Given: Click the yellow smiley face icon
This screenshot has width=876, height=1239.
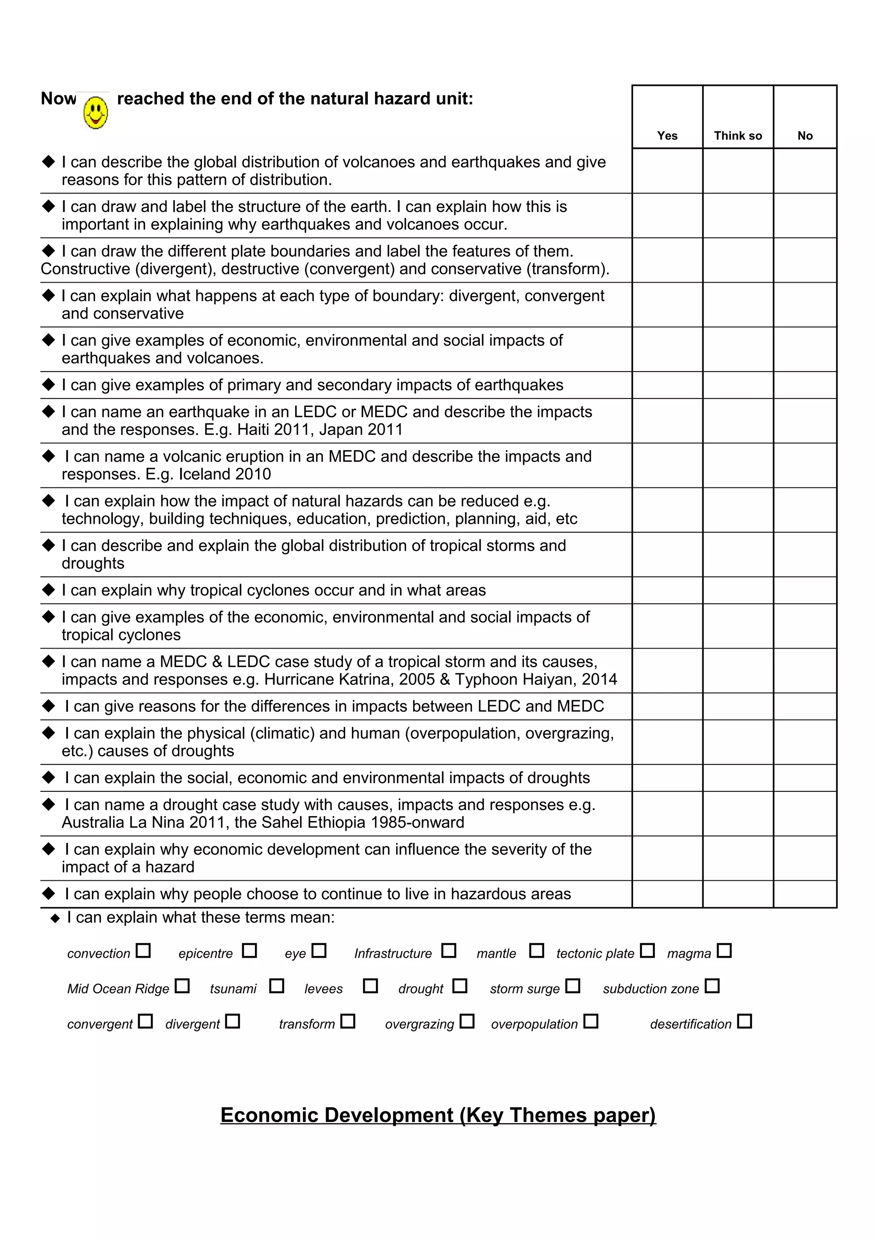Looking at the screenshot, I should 95,112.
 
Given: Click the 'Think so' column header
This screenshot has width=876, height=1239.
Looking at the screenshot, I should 737,136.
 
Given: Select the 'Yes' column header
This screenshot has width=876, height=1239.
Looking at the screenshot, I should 667,136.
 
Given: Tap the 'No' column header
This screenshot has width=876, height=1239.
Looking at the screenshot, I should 805,136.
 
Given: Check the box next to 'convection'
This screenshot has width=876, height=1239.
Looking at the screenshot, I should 143,950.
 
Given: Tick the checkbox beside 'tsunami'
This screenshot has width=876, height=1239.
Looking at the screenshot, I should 277,986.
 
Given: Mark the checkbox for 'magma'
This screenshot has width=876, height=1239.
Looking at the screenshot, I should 724,950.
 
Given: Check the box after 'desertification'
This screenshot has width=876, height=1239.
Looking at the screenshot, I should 744,1021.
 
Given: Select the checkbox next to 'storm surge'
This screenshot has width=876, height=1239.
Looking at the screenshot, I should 573,986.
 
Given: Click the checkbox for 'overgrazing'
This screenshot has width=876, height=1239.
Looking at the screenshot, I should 467,1021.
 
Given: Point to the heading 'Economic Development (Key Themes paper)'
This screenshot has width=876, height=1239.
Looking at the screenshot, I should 438,1115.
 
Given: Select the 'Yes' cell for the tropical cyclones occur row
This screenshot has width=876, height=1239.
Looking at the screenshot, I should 667,590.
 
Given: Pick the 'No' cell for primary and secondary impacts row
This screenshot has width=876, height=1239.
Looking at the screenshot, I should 805,385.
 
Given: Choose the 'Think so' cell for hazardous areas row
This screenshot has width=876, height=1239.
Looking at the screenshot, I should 737,894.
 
